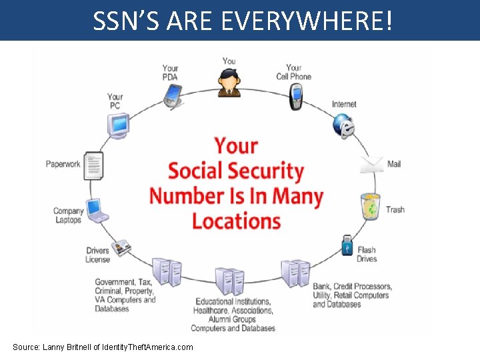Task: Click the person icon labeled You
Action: point(229,83)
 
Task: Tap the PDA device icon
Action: point(173,95)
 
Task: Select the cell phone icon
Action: point(296,97)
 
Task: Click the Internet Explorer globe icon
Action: point(344,125)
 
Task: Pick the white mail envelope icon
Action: point(372,163)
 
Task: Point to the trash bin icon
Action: point(370,206)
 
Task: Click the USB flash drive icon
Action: point(347,244)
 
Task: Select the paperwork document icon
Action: point(93,165)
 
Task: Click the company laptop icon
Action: point(96,210)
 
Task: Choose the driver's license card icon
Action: point(122,247)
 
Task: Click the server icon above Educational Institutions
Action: point(229,281)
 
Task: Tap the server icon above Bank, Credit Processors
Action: point(295,273)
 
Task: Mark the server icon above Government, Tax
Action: point(167,271)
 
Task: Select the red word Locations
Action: point(237,221)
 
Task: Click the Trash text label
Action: point(395,209)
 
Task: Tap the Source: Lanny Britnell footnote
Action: point(103,347)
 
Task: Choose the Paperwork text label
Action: point(63,164)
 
